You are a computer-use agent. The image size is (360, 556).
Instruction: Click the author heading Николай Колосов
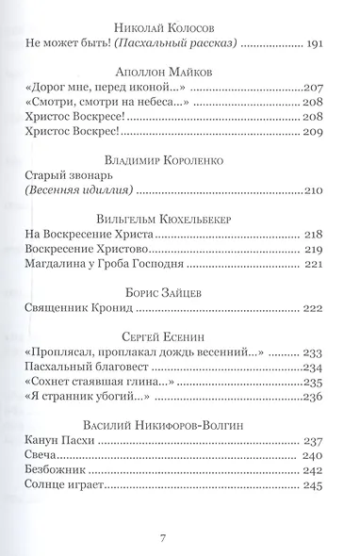tap(179, 25)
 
